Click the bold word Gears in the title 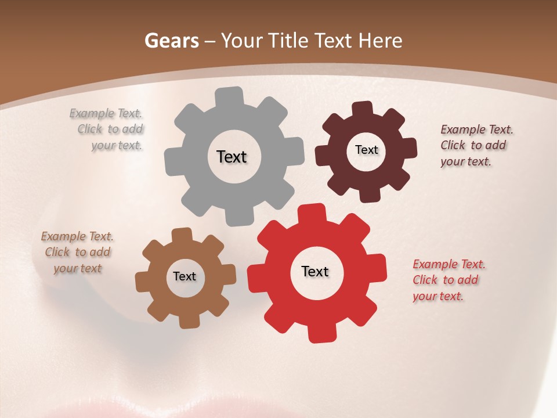pyautogui.click(x=172, y=41)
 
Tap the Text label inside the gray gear pyautogui.click(x=232, y=157)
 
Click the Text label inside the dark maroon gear pyautogui.click(x=366, y=150)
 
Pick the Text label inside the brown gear pyautogui.click(x=185, y=276)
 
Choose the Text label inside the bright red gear pyautogui.click(x=315, y=271)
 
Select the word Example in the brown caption pyautogui.click(x=64, y=236)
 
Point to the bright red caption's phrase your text pyautogui.click(x=438, y=296)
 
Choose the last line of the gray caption pyautogui.click(x=117, y=145)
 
